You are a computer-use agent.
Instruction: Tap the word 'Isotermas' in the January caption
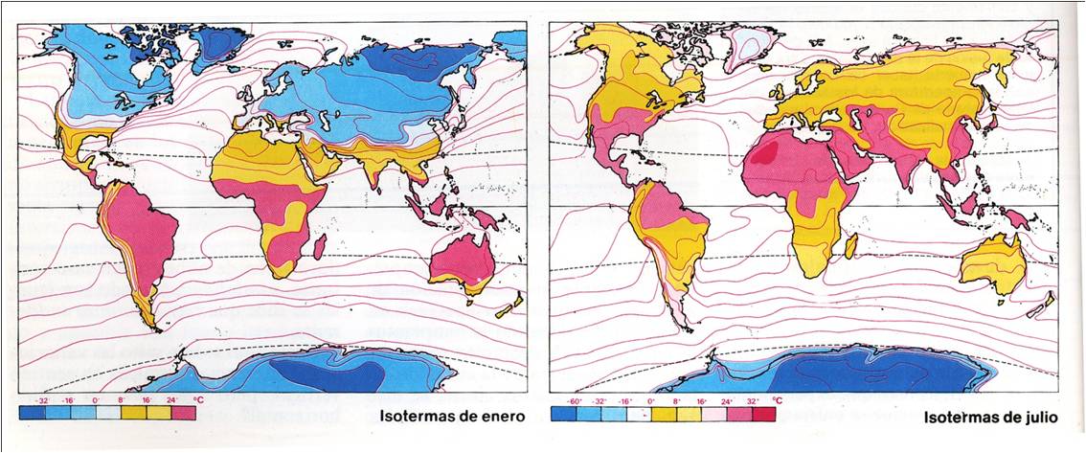coord(414,417)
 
